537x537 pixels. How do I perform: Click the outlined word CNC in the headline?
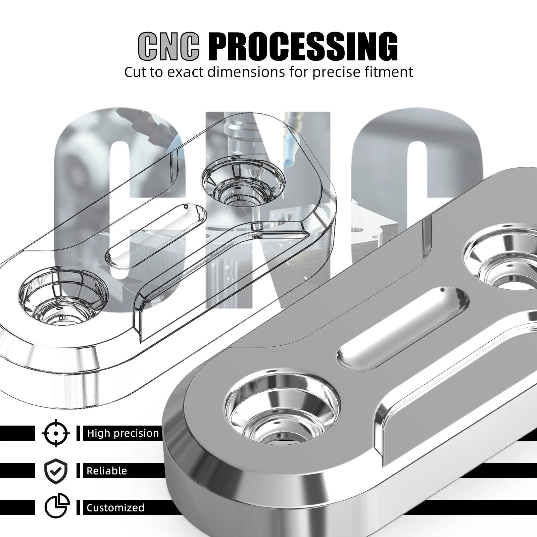(x=169, y=46)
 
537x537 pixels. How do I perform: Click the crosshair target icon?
(x=56, y=433)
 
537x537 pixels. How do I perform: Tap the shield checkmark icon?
(x=56, y=471)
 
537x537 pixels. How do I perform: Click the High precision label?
(x=123, y=433)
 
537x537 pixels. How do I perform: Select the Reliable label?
(x=107, y=471)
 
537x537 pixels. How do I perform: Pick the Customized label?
(x=115, y=507)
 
